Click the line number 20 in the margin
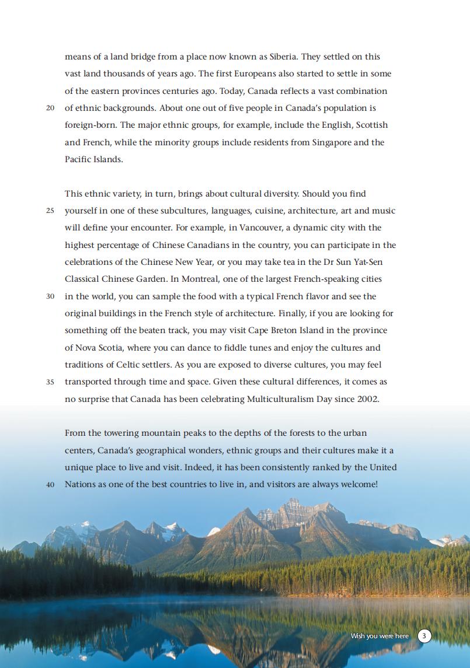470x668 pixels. pyautogui.click(x=50, y=109)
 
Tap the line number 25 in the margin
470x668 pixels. pyautogui.click(x=50, y=211)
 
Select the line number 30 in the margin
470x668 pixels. pyautogui.click(x=50, y=296)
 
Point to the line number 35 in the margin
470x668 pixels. pyautogui.click(x=50, y=382)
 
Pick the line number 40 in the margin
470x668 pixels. pyautogui.click(x=50, y=485)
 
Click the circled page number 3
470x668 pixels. pyautogui.click(x=424, y=635)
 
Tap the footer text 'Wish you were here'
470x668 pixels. pyautogui.click(x=380, y=636)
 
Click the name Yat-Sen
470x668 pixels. pyautogui.click(x=368, y=262)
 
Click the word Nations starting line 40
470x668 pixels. pyautogui.click(x=79, y=484)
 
